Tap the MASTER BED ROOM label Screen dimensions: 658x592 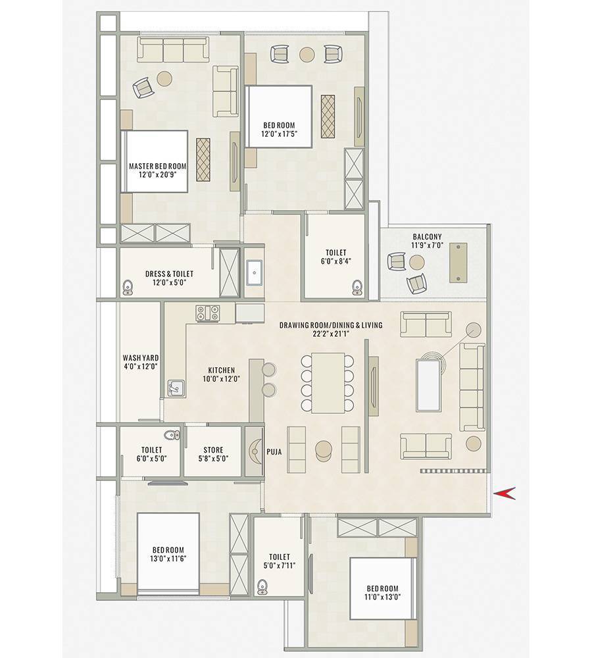(x=157, y=166)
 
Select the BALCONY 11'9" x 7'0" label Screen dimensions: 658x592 (x=427, y=241)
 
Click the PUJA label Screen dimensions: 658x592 (x=274, y=452)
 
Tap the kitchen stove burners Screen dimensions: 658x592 (x=207, y=313)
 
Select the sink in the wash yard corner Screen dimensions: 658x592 (x=175, y=389)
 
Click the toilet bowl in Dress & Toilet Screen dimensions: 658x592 (x=128, y=287)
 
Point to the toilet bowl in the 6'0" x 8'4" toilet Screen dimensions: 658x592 (x=357, y=286)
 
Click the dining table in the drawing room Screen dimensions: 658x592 (x=328, y=383)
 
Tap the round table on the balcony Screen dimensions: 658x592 (x=417, y=263)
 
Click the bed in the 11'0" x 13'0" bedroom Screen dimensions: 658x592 (x=382, y=588)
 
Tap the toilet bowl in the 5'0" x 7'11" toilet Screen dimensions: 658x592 (x=263, y=585)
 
